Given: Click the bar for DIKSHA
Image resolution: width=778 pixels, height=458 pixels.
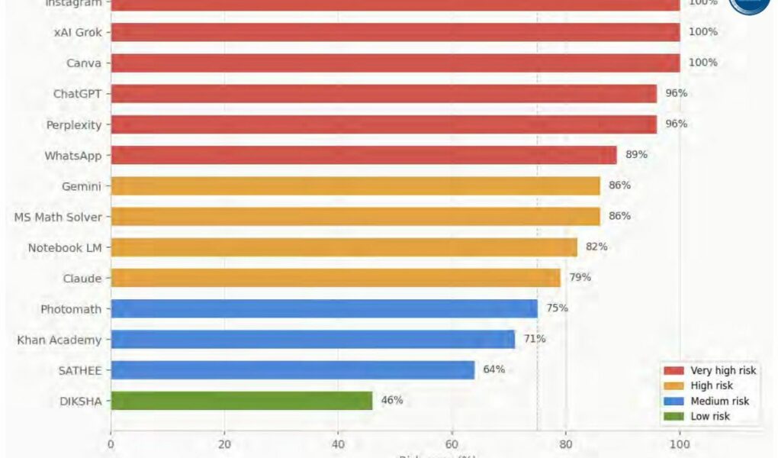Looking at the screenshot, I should [241, 401].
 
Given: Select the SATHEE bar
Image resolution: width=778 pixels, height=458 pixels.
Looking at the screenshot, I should [292, 370].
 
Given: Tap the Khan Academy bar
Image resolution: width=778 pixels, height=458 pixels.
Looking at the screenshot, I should [313, 339].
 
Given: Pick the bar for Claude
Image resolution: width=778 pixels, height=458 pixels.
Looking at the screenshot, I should [336, 278].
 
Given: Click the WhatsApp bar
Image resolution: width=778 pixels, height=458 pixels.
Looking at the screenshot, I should [364, 155].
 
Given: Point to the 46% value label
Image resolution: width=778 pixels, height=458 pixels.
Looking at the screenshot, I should [392, 400].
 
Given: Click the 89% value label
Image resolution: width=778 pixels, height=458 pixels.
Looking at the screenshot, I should [636, 154].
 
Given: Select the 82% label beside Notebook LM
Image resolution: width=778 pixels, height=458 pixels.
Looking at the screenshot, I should [596, 247].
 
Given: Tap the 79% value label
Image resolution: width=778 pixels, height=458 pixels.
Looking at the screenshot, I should [580, 277].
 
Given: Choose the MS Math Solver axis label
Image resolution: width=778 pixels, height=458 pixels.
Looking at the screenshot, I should [58, 217].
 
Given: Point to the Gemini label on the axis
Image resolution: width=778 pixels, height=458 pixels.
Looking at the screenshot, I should [82, 186].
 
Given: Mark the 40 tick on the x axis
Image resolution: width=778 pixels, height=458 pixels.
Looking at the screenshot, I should [338, 443].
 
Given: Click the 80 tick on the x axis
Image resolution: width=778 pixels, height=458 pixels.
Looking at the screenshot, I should [566, 443].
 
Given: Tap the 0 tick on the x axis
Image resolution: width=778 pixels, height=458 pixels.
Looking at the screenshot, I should [111, 443].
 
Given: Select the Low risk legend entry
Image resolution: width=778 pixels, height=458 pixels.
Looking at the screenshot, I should [710, 416].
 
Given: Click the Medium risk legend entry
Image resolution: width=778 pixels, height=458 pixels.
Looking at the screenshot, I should [719, 401].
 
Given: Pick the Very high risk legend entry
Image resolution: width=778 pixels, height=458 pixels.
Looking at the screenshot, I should [723, 370].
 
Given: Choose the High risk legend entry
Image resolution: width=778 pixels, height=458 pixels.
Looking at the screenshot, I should [712, 385].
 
